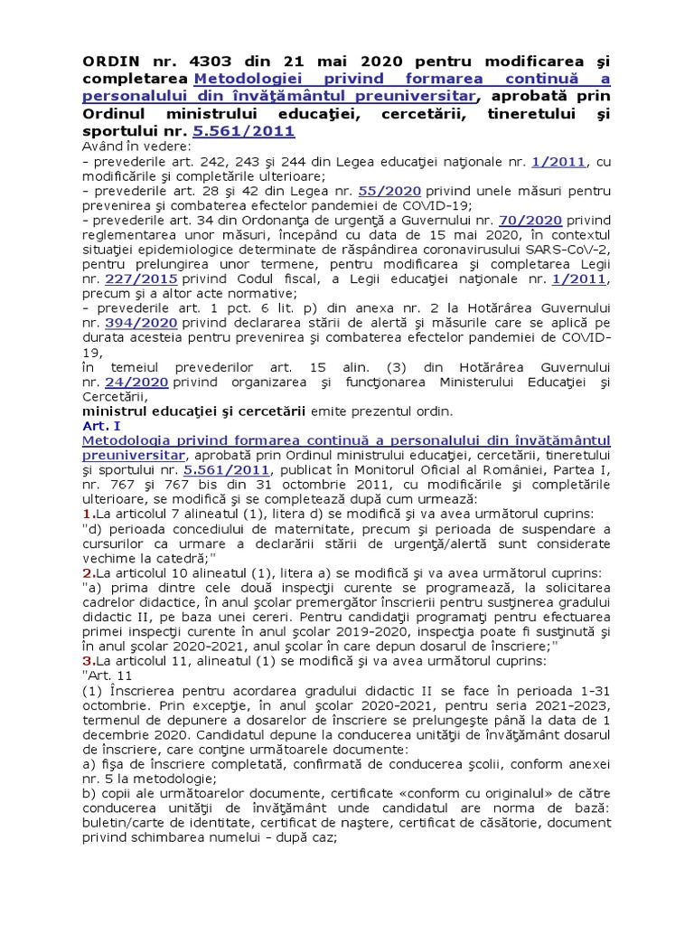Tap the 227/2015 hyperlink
pos(139,279)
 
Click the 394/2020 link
pos(139,322)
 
